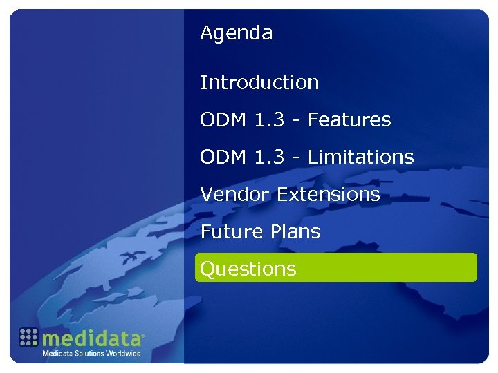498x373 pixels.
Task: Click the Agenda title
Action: point(236,33)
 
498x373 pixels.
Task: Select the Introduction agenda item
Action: point(259,83)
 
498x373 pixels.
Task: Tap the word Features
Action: point(349,120)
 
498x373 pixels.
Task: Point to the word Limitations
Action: point(360,157)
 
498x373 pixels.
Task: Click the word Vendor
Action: point(235,195)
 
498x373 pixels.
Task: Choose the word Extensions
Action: point(329,195)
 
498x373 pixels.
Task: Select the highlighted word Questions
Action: point(248,269)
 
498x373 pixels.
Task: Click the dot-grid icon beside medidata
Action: point(28,337)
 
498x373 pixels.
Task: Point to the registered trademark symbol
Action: point(142,336)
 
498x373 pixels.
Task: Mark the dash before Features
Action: point(297,121)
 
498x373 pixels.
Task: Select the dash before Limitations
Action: point(297,158)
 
